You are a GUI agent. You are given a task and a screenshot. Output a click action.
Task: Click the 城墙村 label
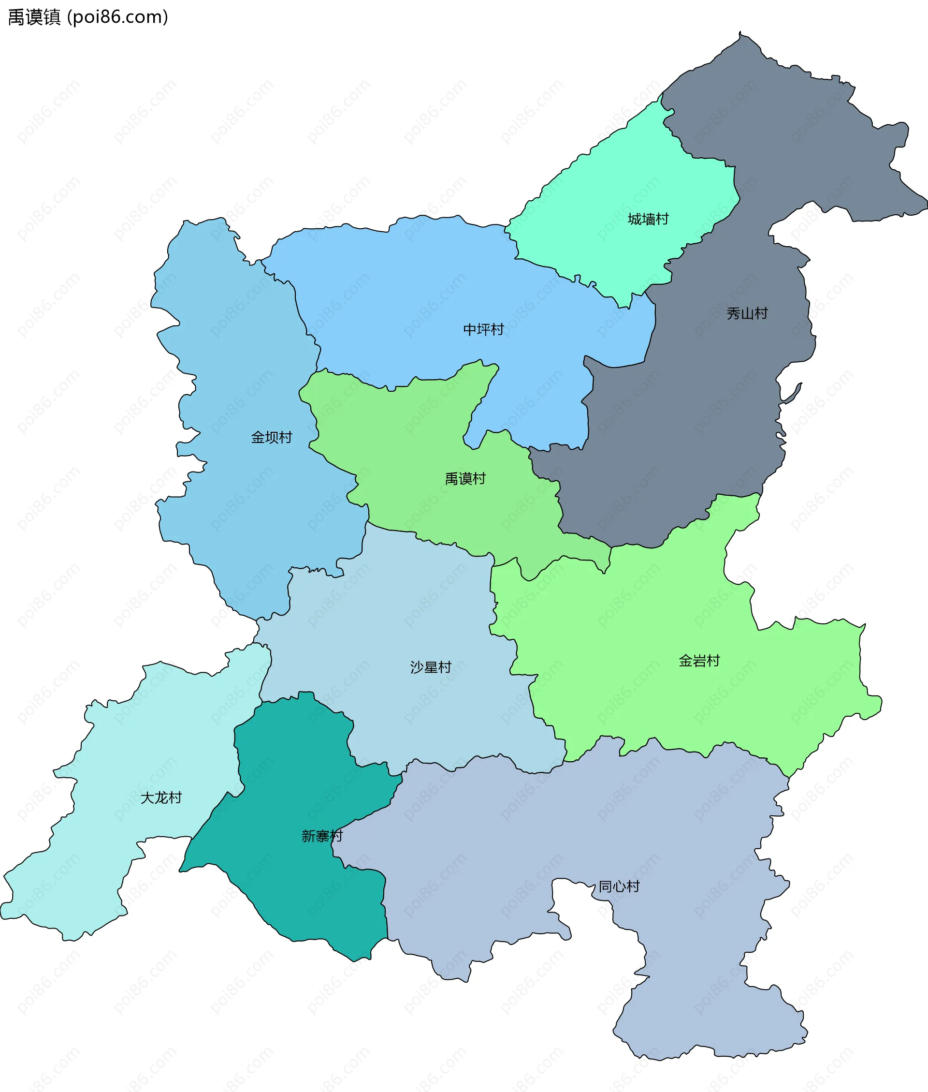648,219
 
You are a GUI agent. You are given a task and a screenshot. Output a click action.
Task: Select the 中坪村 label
483,329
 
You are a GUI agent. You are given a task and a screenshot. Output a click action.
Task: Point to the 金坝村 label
271,437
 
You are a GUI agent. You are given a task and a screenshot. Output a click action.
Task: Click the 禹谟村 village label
465,479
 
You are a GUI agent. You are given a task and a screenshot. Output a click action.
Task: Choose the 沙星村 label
430,667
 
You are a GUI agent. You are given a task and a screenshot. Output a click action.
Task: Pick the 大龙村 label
160,798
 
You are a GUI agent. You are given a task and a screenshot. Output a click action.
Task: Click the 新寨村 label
321,836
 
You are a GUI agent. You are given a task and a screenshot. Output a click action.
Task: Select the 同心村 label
619,887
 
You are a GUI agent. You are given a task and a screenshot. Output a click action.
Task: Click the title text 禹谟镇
35,17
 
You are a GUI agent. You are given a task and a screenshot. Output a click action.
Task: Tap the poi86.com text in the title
118,17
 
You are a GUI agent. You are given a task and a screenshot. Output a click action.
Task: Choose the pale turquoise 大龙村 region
131,737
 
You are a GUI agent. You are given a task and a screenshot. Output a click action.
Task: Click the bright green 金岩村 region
658,605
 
